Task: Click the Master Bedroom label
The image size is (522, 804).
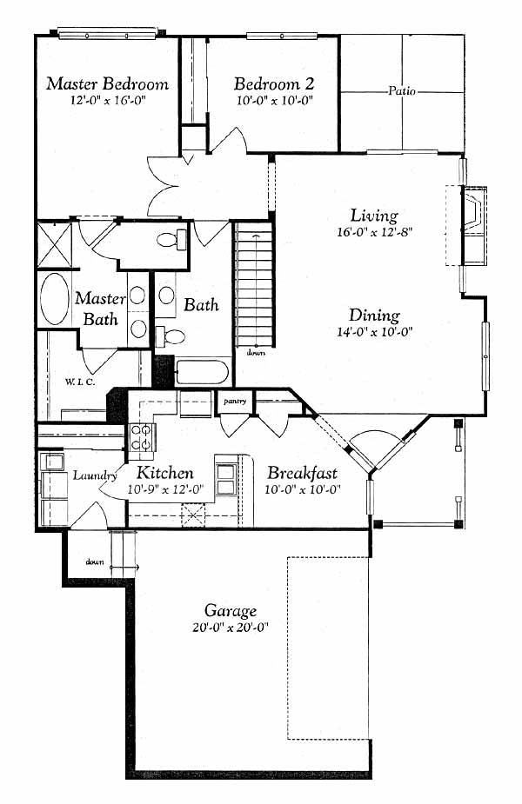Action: pos(107,83)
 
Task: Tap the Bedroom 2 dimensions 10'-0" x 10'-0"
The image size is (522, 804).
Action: pos(275,101)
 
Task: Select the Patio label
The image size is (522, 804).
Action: pos(401,91)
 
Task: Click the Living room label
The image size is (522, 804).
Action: pos(374,216)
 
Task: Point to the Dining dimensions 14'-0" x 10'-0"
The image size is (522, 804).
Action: pos(375,332)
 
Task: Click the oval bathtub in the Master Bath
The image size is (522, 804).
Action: pos(55,298)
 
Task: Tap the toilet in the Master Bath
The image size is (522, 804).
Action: pos(171,239)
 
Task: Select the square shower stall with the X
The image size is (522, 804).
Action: pos(55,244)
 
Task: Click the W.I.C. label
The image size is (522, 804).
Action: pos(79,382)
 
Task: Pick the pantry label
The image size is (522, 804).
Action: pos(235,401)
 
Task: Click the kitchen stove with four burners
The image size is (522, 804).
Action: pos(142,437)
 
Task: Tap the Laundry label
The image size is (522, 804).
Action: pos(95,475)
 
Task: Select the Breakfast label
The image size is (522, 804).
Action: pos(302,472)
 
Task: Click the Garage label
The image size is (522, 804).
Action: pos(231,611)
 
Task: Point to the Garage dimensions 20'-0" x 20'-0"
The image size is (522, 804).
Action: pos(231,628)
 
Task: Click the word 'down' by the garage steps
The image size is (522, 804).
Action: pos(95,562)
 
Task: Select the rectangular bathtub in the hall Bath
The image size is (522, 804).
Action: pos(202,372)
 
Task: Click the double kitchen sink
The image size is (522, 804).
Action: pos(226,479)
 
